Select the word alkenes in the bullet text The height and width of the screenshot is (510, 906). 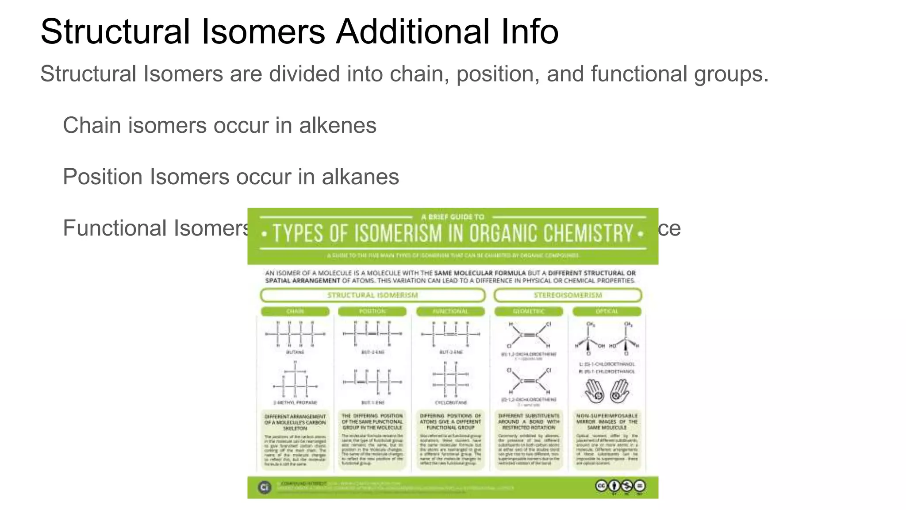[x=338, y=125]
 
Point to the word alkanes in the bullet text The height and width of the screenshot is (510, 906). [x=360, y=177]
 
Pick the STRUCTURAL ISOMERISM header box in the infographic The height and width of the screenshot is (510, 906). [x=372, y=295]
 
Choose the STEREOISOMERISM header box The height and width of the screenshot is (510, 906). [x=568, y=295]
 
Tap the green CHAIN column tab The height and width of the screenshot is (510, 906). [x=295, y=311]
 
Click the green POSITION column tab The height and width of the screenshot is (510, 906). [x=372, y=311]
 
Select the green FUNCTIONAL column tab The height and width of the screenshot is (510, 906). [x=450, y=311]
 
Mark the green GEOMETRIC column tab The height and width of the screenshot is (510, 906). [x=529, y=311]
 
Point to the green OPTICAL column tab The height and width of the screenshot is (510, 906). [x=607, y=311]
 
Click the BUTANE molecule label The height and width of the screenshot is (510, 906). [x=295, y=352]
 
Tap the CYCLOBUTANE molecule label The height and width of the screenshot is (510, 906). [x=451, y=402]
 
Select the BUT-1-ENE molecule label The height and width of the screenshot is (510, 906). [x=373, y=402]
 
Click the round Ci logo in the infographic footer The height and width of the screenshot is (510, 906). [x=265, y=487]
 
